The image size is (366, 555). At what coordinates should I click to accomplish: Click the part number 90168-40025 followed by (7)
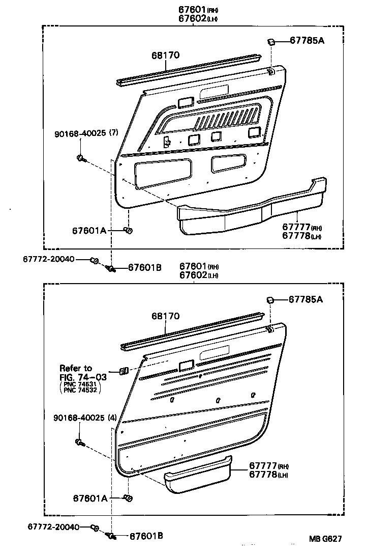(86, 133)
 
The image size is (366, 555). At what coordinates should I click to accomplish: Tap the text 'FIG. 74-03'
(83, 377)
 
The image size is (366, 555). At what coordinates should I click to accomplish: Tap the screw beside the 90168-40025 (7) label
(81, 158)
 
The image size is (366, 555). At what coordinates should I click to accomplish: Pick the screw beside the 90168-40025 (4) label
(80, 442)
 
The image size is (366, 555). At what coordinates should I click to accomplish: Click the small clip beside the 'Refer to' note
(124, 371)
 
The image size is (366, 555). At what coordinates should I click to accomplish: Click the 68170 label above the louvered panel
(165, 55)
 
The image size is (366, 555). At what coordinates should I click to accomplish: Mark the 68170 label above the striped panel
(165, 316)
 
